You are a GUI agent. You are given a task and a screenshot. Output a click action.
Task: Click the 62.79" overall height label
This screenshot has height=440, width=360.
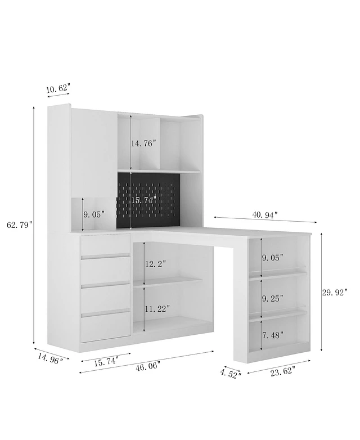[20, 225]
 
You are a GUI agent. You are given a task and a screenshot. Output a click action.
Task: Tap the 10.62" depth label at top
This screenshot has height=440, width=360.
[58, 89]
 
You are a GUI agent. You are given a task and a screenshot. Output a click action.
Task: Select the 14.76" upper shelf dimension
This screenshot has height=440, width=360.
[143, 143]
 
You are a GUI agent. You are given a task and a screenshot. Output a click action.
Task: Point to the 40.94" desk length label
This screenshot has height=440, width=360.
[265, 215]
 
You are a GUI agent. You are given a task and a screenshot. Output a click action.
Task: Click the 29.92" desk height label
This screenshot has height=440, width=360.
[335, 293]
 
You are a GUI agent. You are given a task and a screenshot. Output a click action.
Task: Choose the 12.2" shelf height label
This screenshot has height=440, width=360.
[155, 264]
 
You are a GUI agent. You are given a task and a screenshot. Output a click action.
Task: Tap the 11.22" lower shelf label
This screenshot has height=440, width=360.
[157, 309]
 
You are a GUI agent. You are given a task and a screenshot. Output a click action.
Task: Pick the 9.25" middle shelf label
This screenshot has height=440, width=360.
[272, 299]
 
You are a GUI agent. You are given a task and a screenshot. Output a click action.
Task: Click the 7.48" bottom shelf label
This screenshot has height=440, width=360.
[273, 335]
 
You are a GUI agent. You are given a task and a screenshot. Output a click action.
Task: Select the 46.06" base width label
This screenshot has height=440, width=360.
[148, 367]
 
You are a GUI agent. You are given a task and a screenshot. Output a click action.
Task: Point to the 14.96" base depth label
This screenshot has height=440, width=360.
[50, 359]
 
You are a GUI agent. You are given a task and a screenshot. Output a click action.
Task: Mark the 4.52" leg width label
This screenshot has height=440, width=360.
[231, 374]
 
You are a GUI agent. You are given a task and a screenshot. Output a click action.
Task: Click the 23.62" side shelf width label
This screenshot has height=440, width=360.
[282, 372]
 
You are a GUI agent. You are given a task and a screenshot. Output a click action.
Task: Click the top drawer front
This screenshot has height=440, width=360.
[106, 244]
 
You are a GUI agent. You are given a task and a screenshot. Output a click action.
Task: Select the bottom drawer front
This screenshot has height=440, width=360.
[106, 327]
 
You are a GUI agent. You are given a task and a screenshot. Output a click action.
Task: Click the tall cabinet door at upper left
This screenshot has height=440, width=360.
[94, 151]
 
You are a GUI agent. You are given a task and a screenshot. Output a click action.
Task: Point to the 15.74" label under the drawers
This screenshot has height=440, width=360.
[106, 362]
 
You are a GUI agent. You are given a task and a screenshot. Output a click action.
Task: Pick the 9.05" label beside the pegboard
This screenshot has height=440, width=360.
[94, 214]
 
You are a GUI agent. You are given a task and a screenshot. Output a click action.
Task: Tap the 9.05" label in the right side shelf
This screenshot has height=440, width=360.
[272, 257]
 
